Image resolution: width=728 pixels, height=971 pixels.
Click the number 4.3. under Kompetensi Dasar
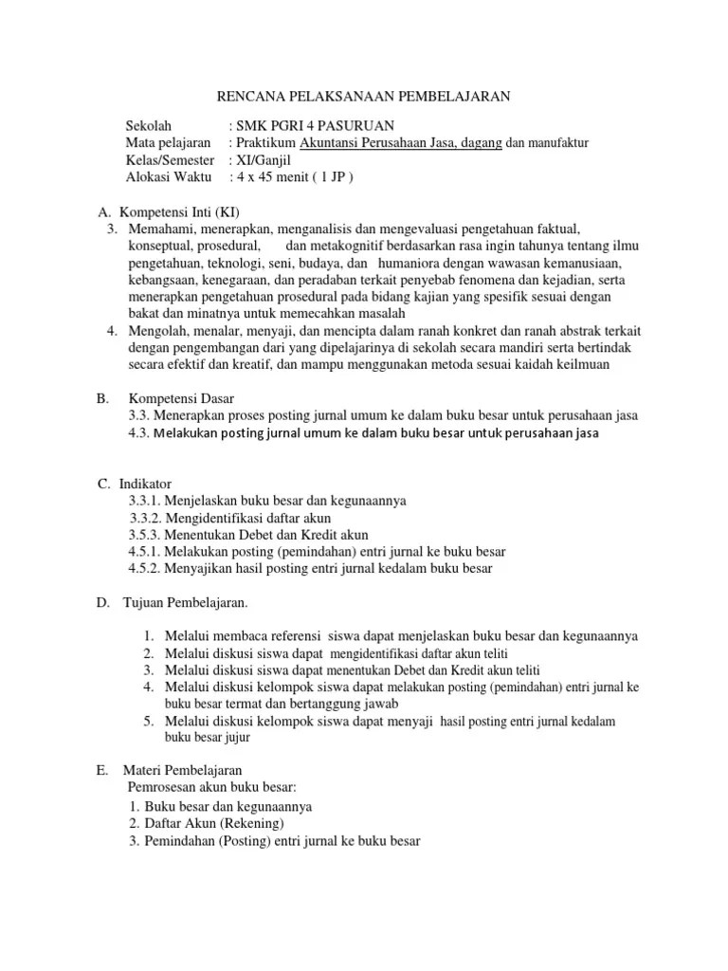139,433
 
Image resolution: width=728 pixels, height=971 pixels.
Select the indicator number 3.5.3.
147,535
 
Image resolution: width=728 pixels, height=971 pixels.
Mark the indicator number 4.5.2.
147,569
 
